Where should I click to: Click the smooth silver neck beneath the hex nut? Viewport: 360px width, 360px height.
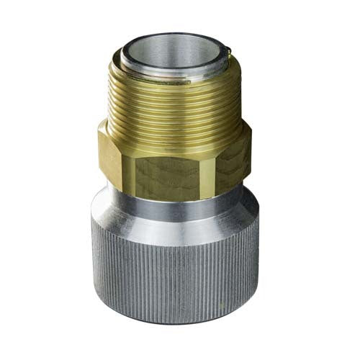176,193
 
